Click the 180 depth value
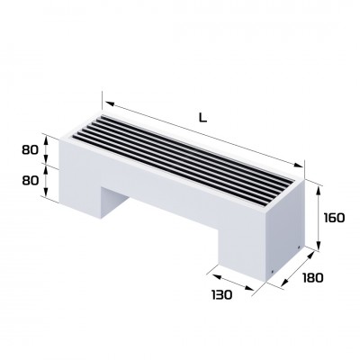pos(311,280)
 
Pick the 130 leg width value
pos(221,293)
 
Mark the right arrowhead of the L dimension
pos(302,166)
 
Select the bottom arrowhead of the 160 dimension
pos(320,250)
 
